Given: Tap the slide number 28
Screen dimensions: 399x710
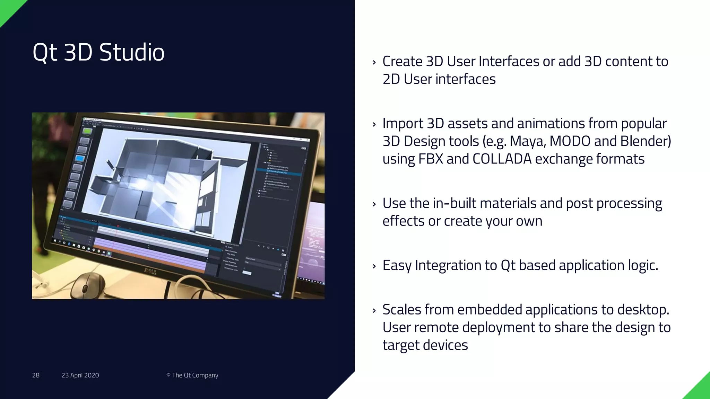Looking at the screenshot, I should pos(36,375).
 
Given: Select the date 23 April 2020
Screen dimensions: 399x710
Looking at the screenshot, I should pos(80,375).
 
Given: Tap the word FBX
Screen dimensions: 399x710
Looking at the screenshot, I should pos(431,159).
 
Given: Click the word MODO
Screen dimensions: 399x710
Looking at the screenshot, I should pos(570,141).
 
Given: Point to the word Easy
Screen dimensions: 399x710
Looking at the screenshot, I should pos(397,266).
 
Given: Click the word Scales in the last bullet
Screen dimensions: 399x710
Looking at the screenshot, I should pos(401,310).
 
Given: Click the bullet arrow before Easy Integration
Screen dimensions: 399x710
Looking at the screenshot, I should pos(374,266).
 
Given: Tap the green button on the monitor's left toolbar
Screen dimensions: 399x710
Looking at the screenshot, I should pos(87,131).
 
